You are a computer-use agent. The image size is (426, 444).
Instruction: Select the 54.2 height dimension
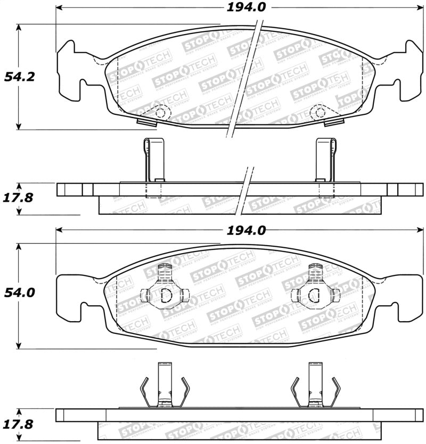[x=20, y=77]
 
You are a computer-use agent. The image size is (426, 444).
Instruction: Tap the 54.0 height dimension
[x=20, y=292]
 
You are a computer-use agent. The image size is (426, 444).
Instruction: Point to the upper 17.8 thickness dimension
[x=20, y=198]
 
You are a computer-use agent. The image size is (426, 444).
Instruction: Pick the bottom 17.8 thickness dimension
[x=20, y=424]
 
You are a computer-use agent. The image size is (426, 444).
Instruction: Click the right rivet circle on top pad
[x=318, y=112]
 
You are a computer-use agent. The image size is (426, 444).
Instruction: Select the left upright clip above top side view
[x=153, y=160]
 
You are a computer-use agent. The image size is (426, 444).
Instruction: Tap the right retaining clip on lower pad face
[x=315, y=292]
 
